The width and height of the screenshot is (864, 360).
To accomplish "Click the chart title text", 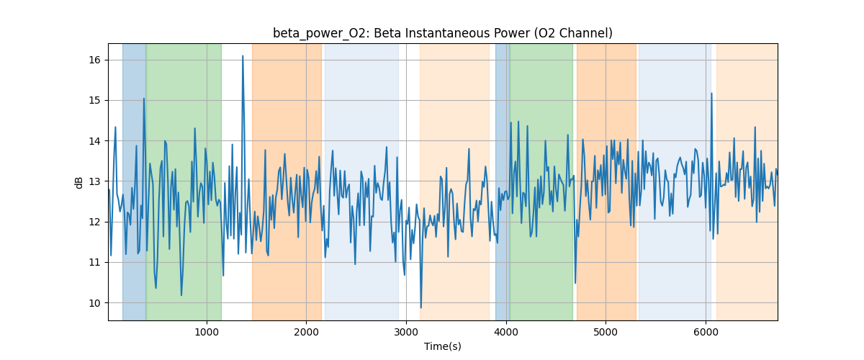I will click(442, 33).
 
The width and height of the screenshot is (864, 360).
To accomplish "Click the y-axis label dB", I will click(79, 182).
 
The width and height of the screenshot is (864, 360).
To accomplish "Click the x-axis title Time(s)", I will click(442, 346).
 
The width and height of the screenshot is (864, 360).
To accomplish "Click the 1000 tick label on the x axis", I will click(207, 332).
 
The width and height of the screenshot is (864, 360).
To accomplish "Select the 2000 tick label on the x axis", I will click(307, 332).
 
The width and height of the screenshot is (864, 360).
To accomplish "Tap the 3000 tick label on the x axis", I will click(406, 332).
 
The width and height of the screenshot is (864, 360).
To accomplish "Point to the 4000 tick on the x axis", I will click(506, 332).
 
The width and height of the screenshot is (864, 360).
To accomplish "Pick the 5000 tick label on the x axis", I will click(606, 332).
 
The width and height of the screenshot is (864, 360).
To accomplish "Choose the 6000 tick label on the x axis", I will click(706, 332).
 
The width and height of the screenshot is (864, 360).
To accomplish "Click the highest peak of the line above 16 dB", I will click(243, 56).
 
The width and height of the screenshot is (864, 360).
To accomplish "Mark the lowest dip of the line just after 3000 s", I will click(421, 307).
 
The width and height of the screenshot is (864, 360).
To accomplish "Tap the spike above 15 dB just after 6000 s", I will click(711, 94).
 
